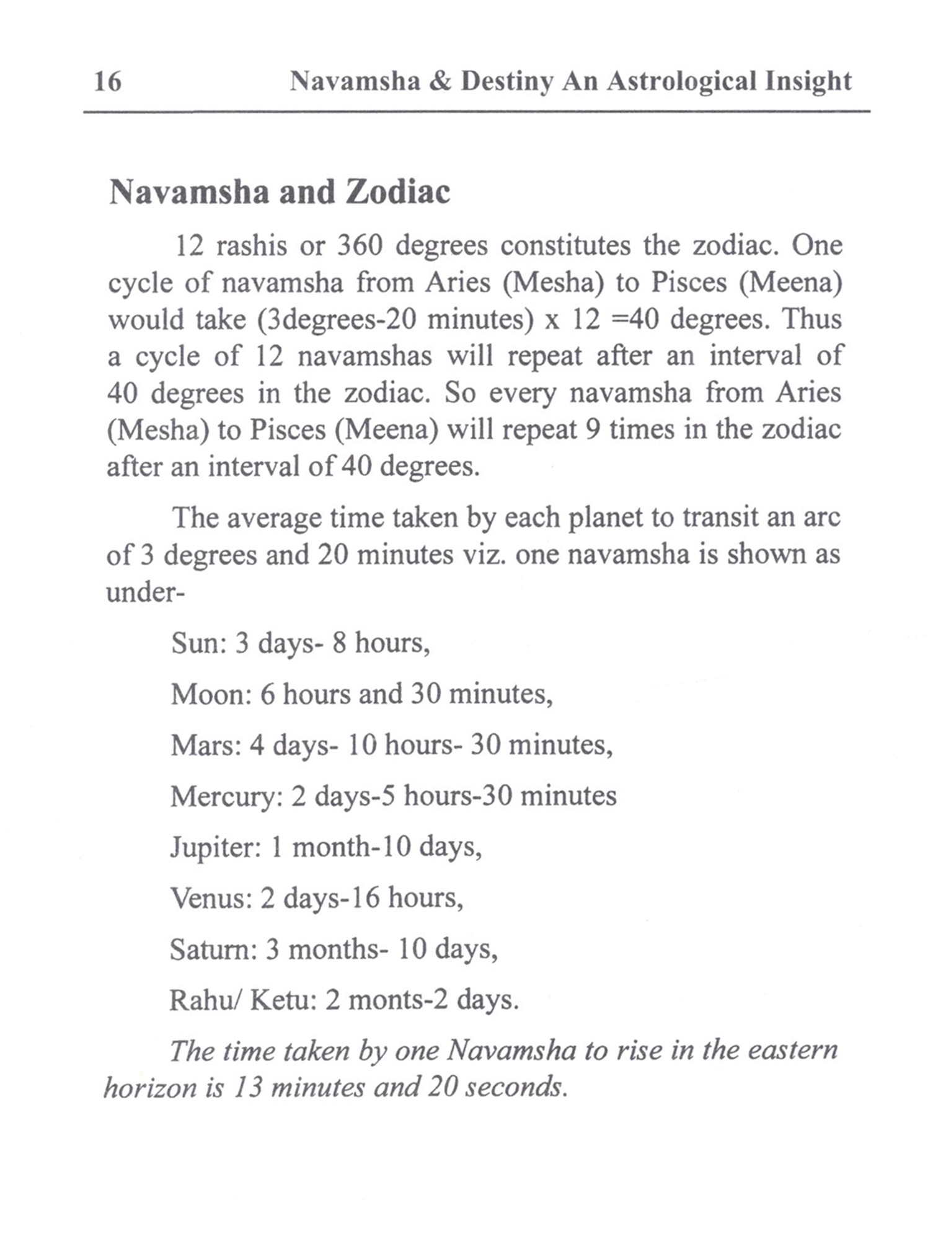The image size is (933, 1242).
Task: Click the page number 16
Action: point(107,81)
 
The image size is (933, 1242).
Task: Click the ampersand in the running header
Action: point(440,81)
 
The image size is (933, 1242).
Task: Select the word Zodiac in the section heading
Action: point(397,192)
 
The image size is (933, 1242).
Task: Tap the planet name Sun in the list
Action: point(195,643)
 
